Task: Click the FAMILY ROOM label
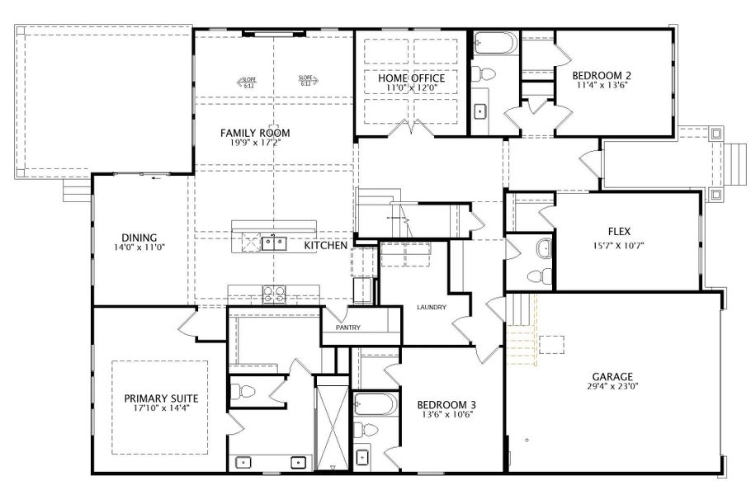tap(254, 132)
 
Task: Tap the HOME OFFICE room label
tap(411, 79)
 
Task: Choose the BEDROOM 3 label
tap(446, 404)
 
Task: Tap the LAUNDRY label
tap(431, 308)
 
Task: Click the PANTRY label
tap(348, 328)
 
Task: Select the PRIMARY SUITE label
tap(160, 398)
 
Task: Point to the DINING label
tap(139, 236)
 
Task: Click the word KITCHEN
tap(326, 246)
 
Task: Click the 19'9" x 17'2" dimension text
tap(254, 143)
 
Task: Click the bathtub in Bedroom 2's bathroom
tap(495, 43)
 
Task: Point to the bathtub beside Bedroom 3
tap(376, 404)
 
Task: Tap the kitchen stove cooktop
tap(273, 291)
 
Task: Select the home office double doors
tap(410, 128)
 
